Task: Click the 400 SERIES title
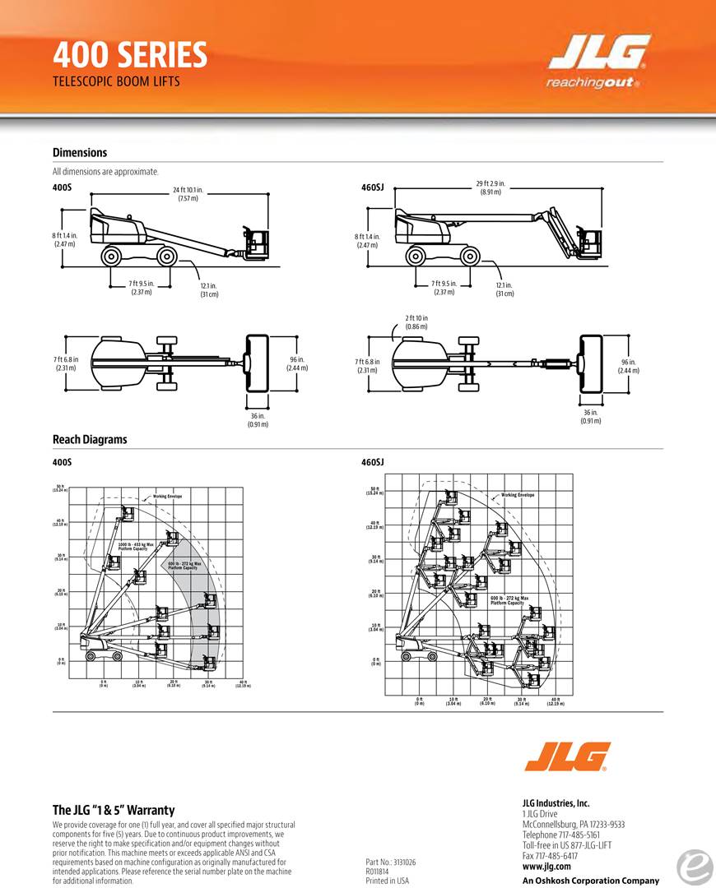tap(130, 55)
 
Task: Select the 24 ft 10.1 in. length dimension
tap(188, 194)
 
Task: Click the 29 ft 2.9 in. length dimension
tap(491, 187)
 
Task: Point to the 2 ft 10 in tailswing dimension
tap(416, 322)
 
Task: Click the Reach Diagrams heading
tap(90, 439)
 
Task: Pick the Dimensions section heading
tap(80, 152)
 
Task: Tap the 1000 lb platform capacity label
tap(136, 546)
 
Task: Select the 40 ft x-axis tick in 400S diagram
tap(243, 683)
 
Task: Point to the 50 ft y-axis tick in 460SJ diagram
tap(375, 491)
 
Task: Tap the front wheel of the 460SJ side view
tap(471, 257)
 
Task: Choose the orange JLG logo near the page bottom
tap(567, 756)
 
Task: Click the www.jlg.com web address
tap(546, 866)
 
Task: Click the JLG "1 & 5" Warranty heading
tap(114, 810)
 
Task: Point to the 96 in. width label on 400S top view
tap(296, 363)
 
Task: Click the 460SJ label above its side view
tap(373, 187)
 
